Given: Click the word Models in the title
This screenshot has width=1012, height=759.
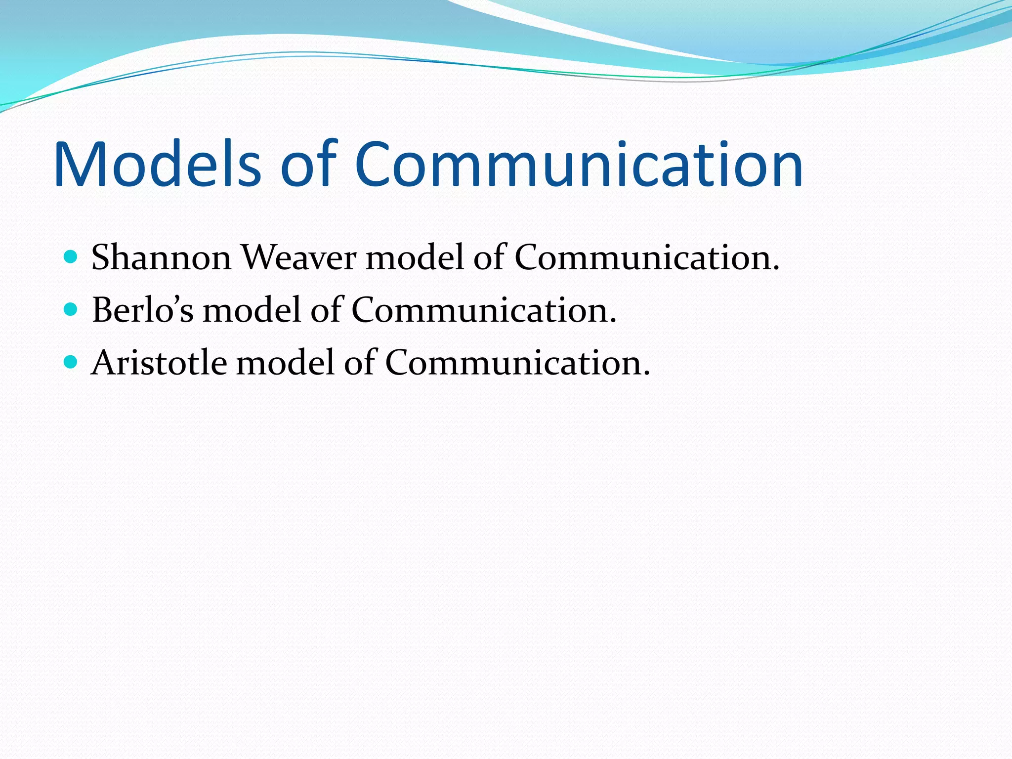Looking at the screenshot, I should click(x=157, y=165).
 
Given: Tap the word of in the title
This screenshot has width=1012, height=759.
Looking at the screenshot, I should click(x=308, y=165).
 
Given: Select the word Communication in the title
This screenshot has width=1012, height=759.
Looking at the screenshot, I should click(x=578, y=165).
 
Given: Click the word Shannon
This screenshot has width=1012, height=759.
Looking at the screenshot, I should click(x=161, y=257).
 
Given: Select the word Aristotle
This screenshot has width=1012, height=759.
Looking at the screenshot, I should click(x=159, y=363).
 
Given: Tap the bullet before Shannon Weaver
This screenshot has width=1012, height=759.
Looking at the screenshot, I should click(x=71, y=257).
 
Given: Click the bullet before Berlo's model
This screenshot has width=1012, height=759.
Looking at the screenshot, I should click(x=71, y=310).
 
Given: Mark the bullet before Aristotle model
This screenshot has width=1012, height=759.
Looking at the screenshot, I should click(x=71, y=362).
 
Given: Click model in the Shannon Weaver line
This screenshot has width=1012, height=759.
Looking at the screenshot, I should click(x=415, y=257).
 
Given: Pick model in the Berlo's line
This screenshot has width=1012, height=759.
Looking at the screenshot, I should click(x=252, y=310).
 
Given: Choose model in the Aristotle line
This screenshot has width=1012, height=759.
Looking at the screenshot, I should click(x=286, y=363).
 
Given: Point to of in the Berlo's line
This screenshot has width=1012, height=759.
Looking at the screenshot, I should click(x=326, y=310).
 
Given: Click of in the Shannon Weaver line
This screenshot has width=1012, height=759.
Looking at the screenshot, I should click(x=489, y=257).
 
